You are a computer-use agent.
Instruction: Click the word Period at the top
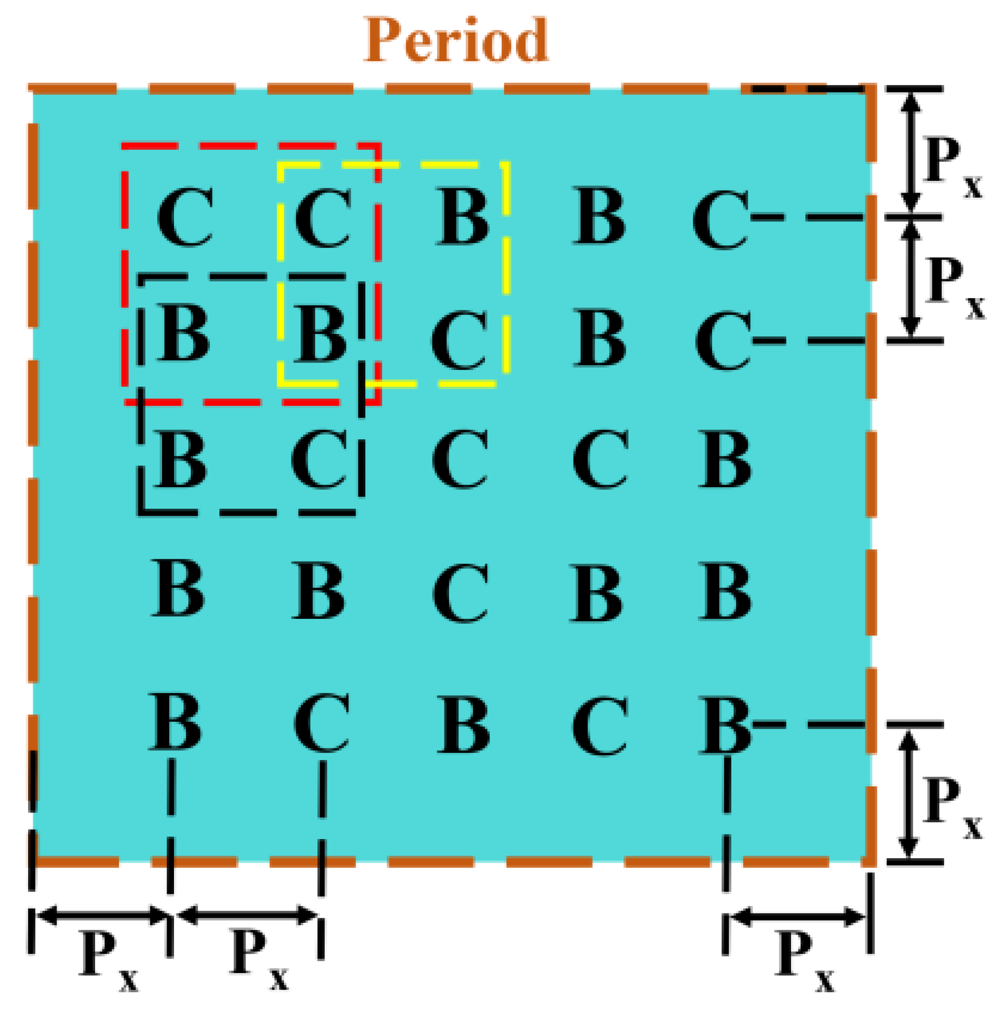pyautogui.click(x=455, y=41)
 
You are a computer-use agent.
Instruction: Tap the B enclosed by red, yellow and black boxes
pyautogui.click(x=320, y=334)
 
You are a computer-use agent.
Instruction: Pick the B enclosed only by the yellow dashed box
pyautogui.click(x=463, y=217)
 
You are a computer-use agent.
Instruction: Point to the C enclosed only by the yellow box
pyautogui.click(x=460, y=340)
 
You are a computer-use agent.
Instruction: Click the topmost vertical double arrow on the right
pyautogui.click(x=911, y=151)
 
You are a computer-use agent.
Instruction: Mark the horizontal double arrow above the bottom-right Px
pyautogui.click(x=797, y=917)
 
